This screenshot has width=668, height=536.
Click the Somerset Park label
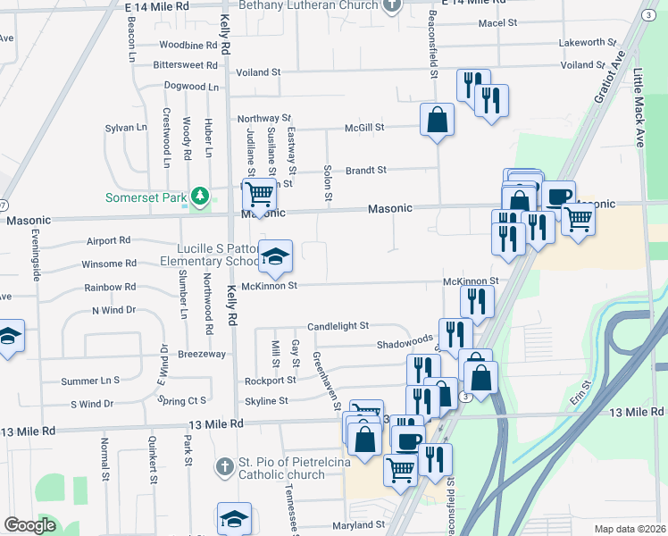pos(143,197)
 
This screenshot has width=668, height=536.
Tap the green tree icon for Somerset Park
pos(202,196)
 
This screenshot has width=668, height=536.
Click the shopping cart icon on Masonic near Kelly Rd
pos(259,193)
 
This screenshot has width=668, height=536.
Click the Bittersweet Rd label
pos(186,65)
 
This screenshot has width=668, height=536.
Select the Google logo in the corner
pos(29,525)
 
